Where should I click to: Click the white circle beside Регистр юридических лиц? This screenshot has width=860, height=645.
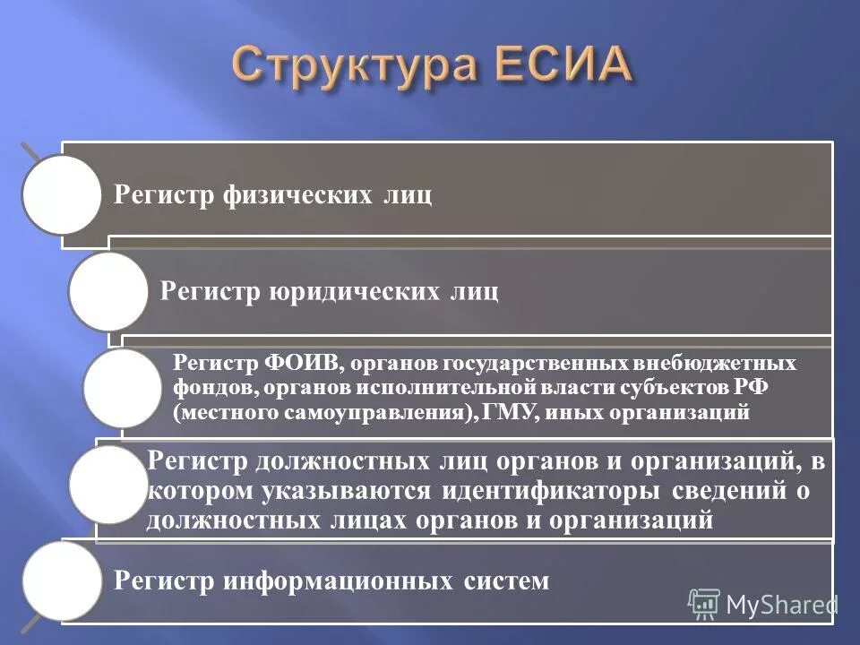[108, 291]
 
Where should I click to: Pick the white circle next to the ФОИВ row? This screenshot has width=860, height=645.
[124, 388]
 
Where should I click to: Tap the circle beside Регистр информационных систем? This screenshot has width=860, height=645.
[62, 581]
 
